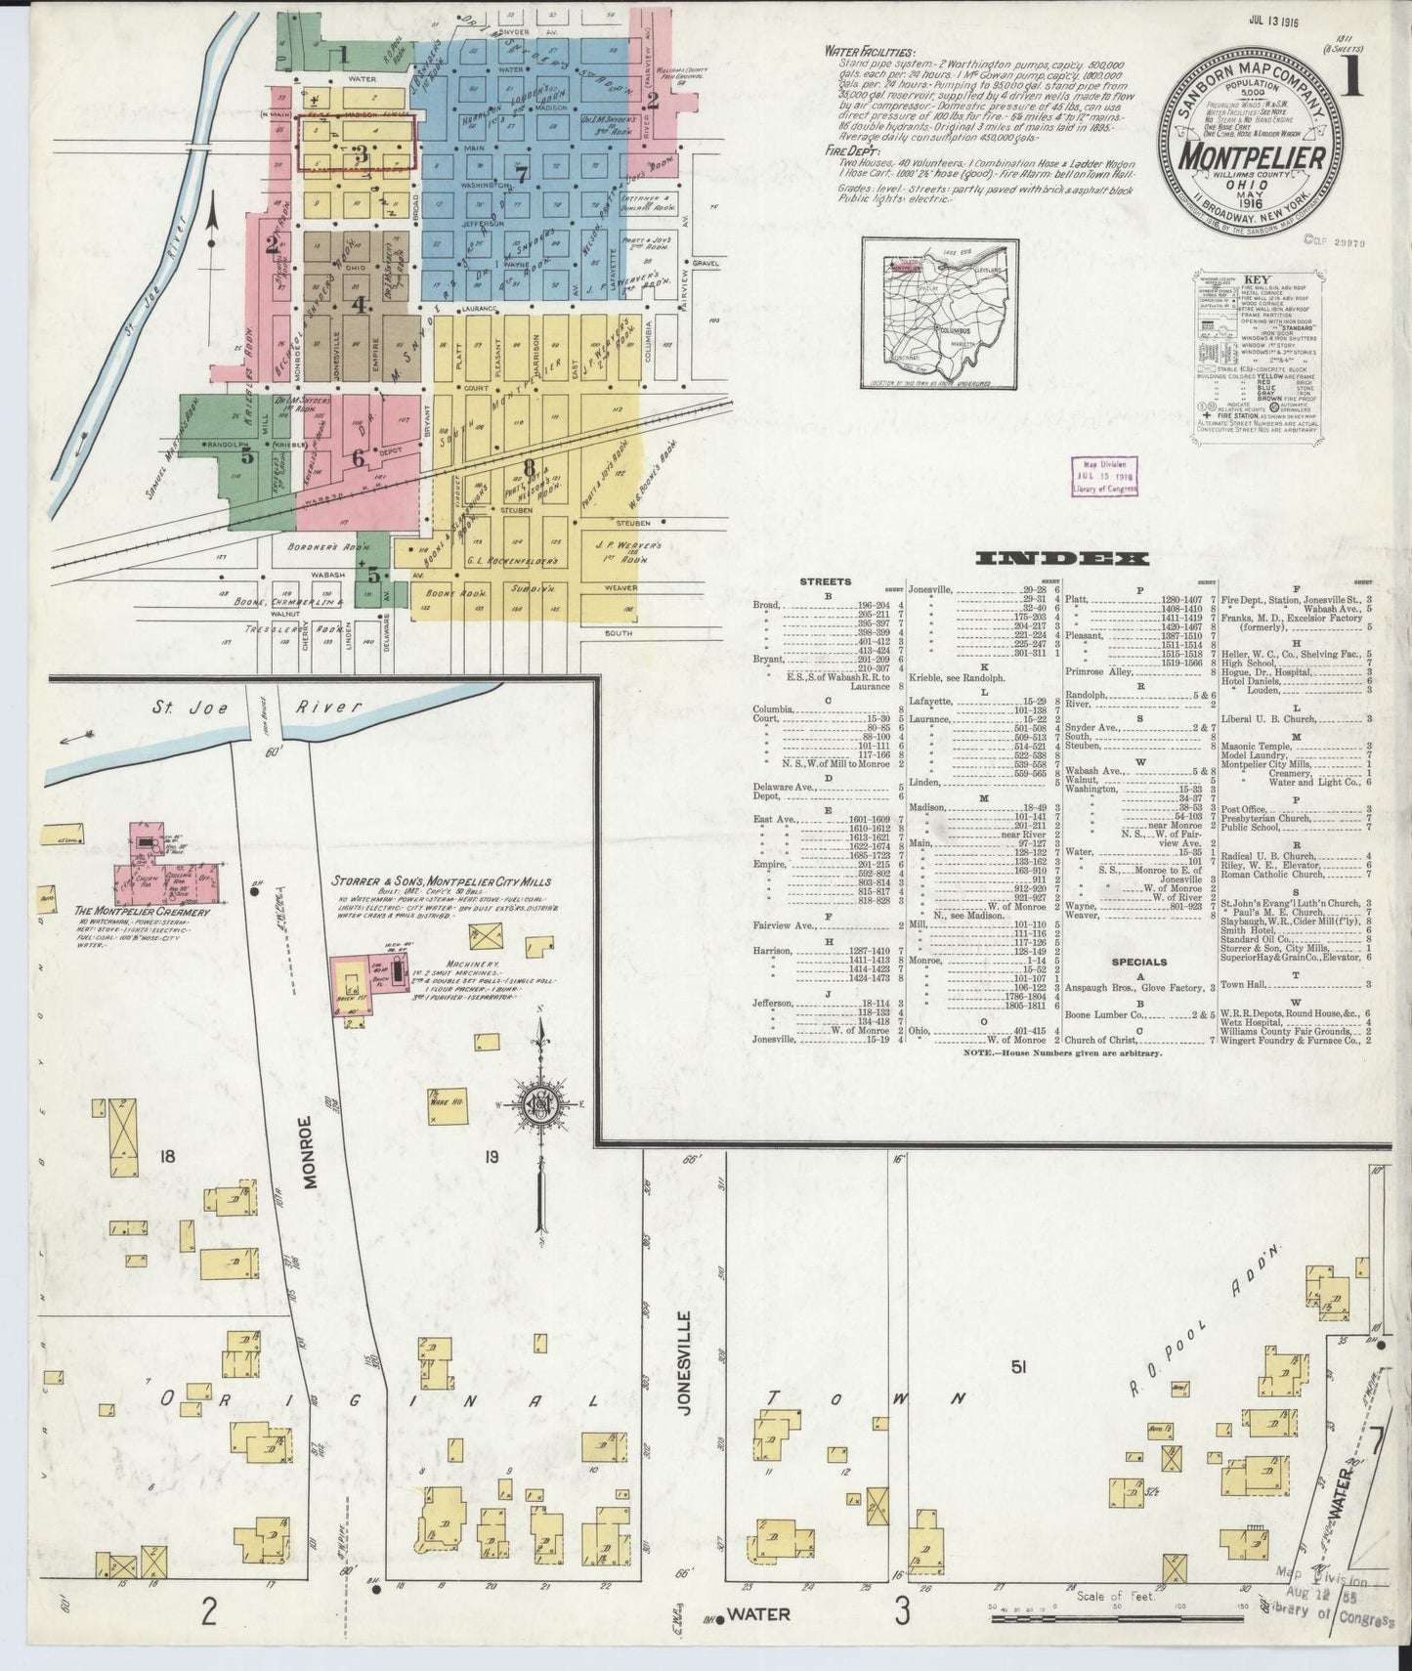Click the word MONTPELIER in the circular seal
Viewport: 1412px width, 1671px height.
pyautogui.click(x=1251, y=156)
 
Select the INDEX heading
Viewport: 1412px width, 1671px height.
pyautogui.click(x=1061, y=559)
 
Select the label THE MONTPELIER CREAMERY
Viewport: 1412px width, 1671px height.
pyautogui.click(x=142, y=912)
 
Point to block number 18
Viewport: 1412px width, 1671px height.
pyautogui.click(x=167, y=1156)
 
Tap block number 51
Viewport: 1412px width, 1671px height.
pyautogui.click(x=1017, y=1368)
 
